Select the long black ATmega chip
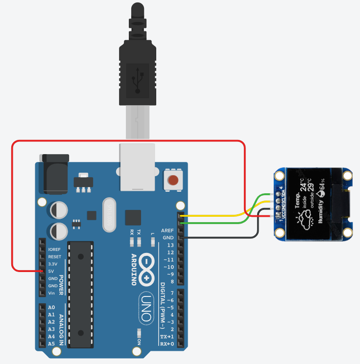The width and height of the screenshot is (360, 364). tap(79, 294)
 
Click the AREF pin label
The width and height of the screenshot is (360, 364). tap(167, 230)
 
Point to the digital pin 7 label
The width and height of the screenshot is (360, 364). tap(170, 293)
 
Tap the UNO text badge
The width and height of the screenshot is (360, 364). tap(146, 307)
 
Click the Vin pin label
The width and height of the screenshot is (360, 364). tap(52, 293)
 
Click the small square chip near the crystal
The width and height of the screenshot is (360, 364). tap(133, 217)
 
